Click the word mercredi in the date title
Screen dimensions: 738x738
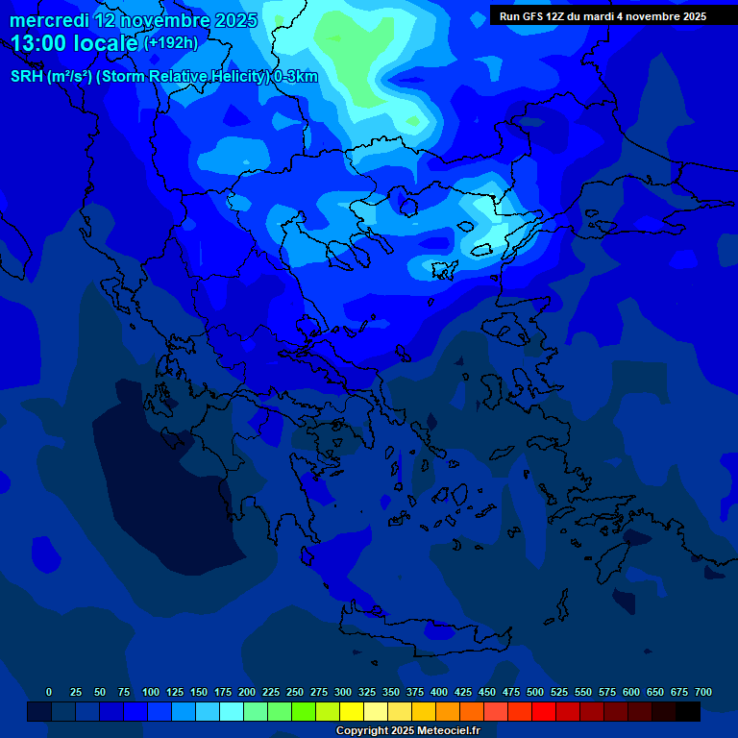click(x=49, y=20)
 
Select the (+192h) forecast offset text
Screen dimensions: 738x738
click(x=171, y=43)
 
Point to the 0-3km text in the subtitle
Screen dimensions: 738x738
click(x=295, y=77)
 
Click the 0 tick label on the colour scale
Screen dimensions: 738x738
click(x=49, y=692)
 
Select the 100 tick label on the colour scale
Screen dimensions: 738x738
click(x=151, y=692)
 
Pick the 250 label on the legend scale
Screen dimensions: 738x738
click(x=295, y=692)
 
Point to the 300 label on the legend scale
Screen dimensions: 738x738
click(x=343, y=692)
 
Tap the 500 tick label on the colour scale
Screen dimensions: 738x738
click(x=535, y=692)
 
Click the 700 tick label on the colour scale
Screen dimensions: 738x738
click(x=703, y=692)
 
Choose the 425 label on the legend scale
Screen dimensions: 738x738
click(x=463, y=692)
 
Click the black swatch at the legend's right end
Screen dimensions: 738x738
click(x=688, y=711)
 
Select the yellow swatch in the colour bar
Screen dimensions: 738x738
click(x=352, y=711)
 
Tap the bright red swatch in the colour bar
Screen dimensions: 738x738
click(x=544, y=711)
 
